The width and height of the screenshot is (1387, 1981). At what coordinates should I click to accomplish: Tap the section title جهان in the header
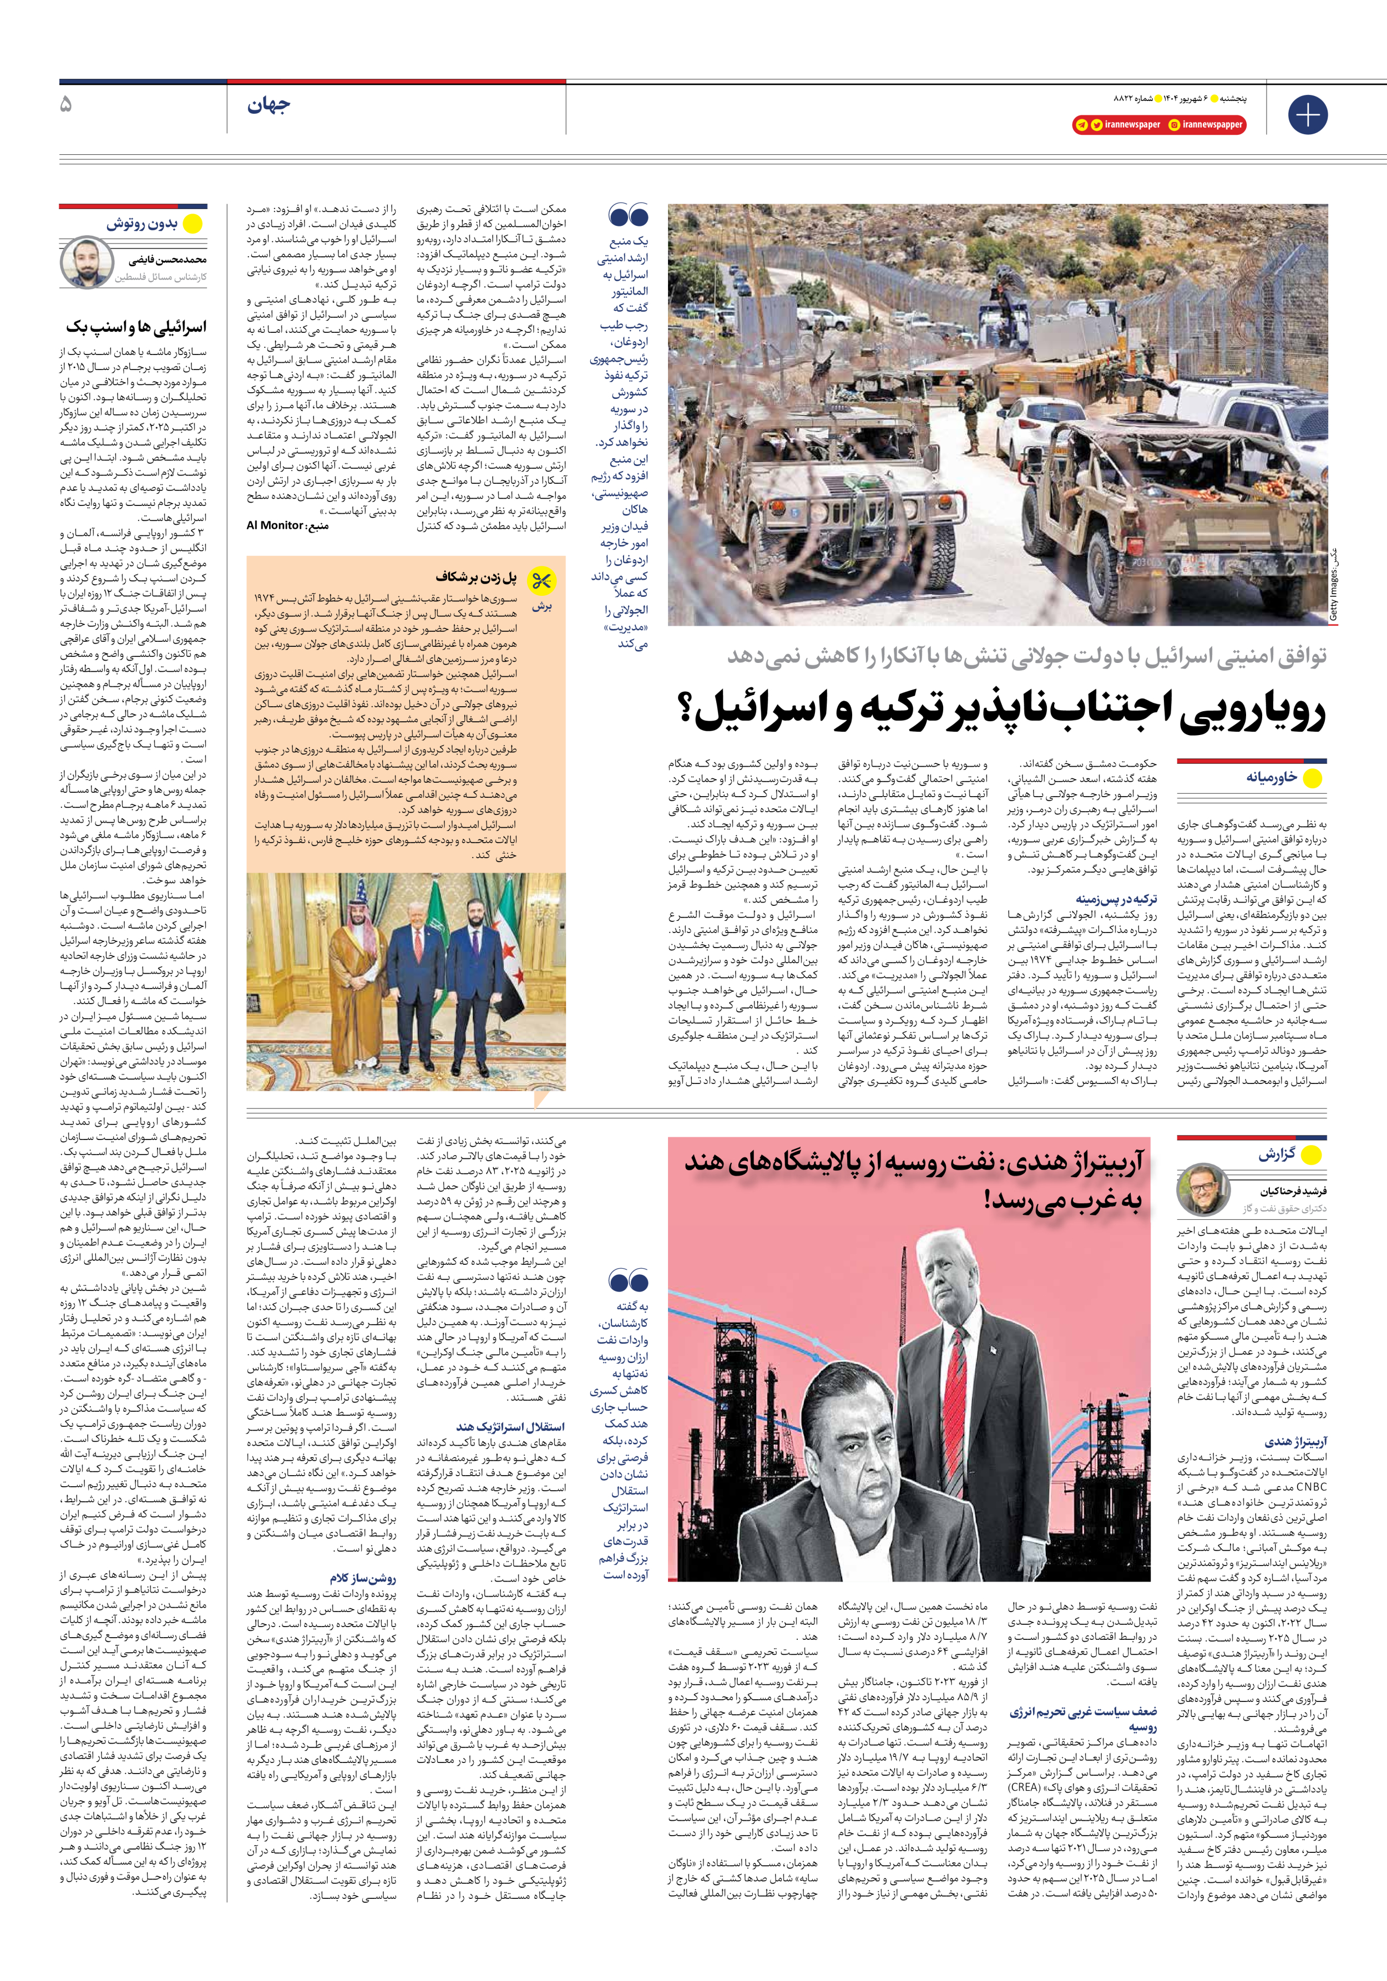(269, 106)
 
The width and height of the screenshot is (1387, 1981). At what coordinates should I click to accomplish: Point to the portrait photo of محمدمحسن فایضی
(87, 263)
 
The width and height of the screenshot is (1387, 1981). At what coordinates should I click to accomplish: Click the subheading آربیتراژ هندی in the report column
(1295, 1442)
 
